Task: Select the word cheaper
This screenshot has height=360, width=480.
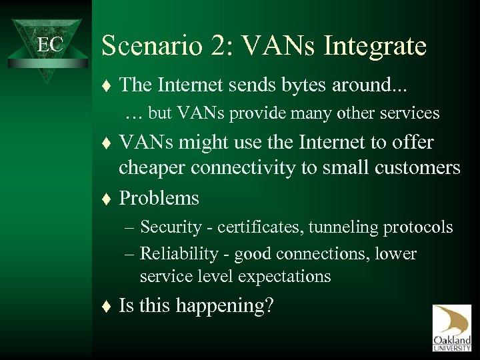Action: pyautogui.click(x=152, y=168)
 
